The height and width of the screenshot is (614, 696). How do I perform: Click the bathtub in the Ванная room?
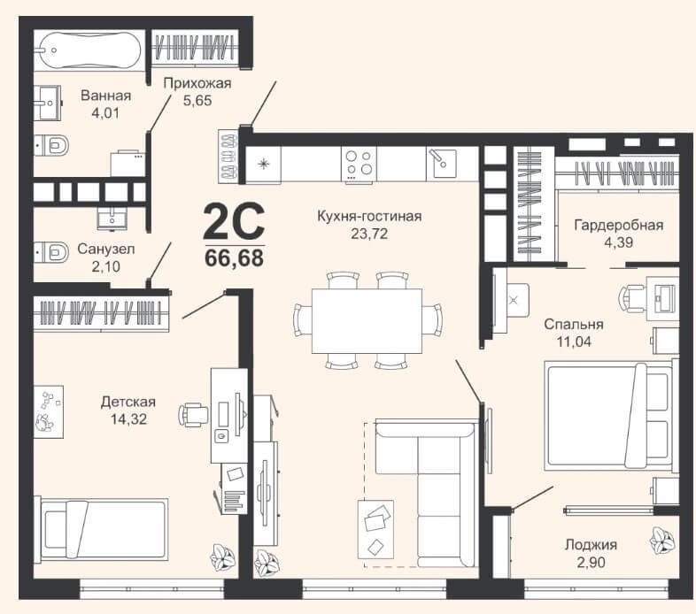(x=89, y=50)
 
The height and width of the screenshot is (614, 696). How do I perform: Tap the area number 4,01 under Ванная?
(x=105, y=113)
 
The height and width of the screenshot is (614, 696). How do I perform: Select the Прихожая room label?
(x=197, y=83)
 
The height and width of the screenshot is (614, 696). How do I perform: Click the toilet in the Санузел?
(x=51, y=252)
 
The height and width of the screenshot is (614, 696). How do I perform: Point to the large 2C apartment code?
(x=234, y=221)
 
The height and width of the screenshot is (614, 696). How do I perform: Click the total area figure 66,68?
(x=235, y=258)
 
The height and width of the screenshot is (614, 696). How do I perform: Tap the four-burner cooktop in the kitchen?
(x=359, y=164)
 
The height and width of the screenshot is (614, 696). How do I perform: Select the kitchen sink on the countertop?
(x=441, y=163)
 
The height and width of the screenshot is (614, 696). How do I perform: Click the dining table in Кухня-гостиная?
(x=367, y=321)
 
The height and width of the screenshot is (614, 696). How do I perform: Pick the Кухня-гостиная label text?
(x=369, y=217)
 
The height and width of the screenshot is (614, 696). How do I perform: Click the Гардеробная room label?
(x=619, y=226)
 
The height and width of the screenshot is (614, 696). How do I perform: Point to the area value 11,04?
(x=574, y=342)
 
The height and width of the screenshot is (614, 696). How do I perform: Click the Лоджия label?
(x=591, y=545)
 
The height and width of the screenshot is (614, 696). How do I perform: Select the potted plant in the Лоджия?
(x=662, y=539)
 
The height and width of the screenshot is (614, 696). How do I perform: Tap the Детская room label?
(x=128, y=402)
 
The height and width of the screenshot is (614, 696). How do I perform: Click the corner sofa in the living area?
(x=425, y=494)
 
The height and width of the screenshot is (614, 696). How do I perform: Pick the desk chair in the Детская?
(x=194, y=415)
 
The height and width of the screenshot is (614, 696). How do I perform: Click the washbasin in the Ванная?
(x=47, y=103)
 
